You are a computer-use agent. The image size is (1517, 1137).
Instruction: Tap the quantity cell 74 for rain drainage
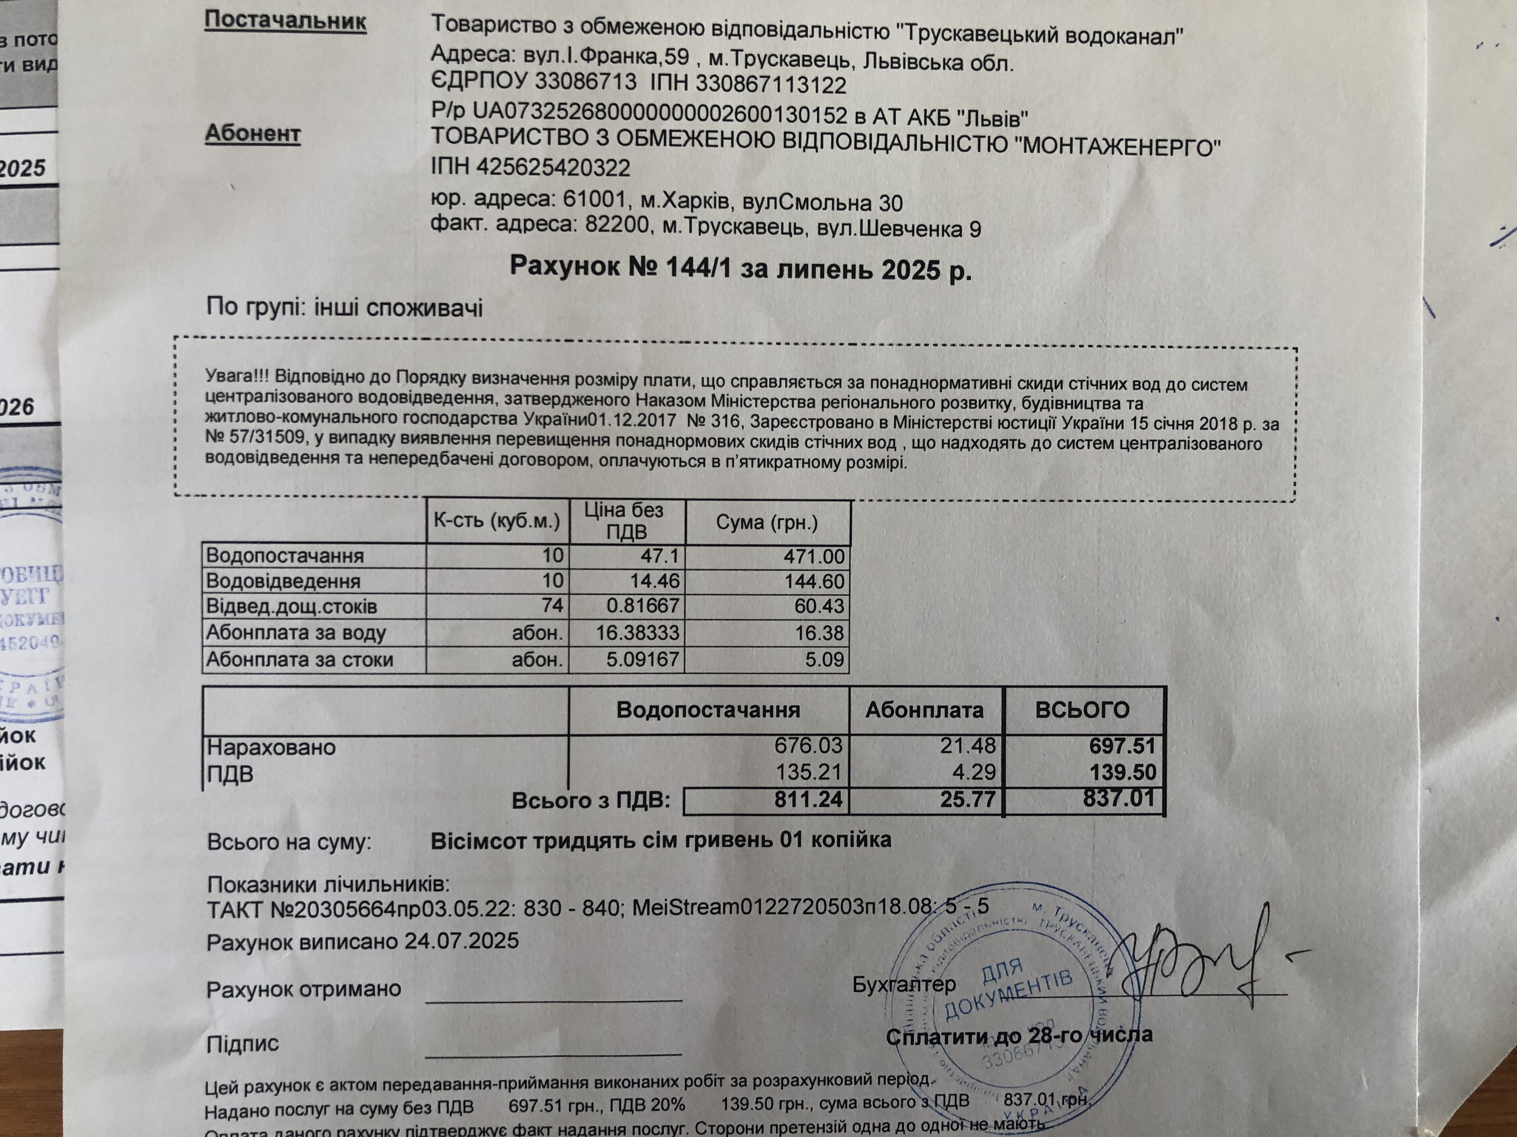point(552,606)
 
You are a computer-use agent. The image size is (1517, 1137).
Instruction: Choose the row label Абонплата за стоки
point(300,660)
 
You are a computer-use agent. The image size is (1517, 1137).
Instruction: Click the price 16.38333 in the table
point(638,632)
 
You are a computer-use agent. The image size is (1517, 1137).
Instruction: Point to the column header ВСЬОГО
point(1082,709)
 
